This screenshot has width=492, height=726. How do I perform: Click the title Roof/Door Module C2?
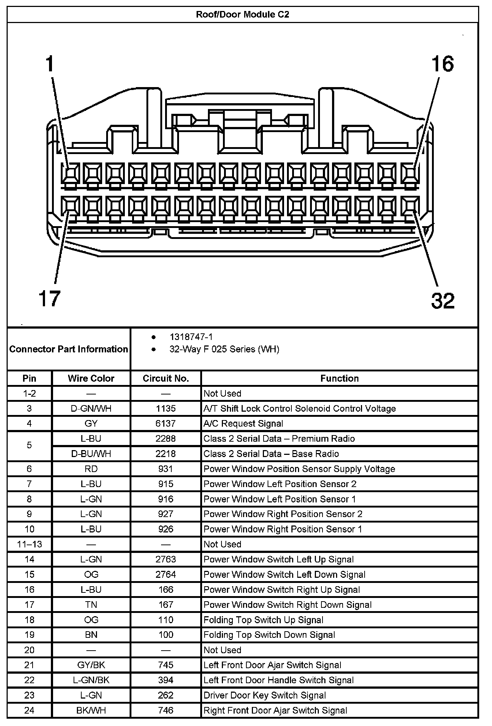[242, 15]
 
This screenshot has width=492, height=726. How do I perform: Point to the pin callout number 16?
[443, 64]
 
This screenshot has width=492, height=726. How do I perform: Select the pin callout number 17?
[49, 298]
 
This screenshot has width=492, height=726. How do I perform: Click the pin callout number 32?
[443, 301]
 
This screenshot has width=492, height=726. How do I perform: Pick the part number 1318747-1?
[191, 337]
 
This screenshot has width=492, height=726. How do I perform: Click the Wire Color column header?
[91, 378]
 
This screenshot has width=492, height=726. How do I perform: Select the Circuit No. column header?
[165, 378]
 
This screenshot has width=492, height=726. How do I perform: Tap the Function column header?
[339, 378]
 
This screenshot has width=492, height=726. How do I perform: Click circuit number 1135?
[165, 408]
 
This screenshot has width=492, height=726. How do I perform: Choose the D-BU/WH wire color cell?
[91, 454]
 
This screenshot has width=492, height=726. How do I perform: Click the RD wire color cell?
[91, 469]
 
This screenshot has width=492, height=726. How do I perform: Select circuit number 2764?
[165, 575]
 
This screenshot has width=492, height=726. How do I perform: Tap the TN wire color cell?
[91, 605]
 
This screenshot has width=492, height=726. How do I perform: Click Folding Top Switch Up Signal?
[263, 620]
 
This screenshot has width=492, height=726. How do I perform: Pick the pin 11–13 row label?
[29, 544]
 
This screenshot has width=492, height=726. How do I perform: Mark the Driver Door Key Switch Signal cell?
[265, 695]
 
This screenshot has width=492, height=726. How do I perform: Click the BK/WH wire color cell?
[91, 710]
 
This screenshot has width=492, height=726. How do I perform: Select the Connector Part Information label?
[68, 349]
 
